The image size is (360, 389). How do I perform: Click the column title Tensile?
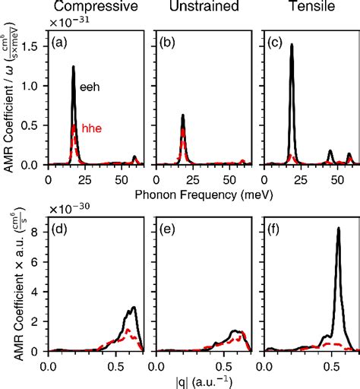(x=308, y=8)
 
